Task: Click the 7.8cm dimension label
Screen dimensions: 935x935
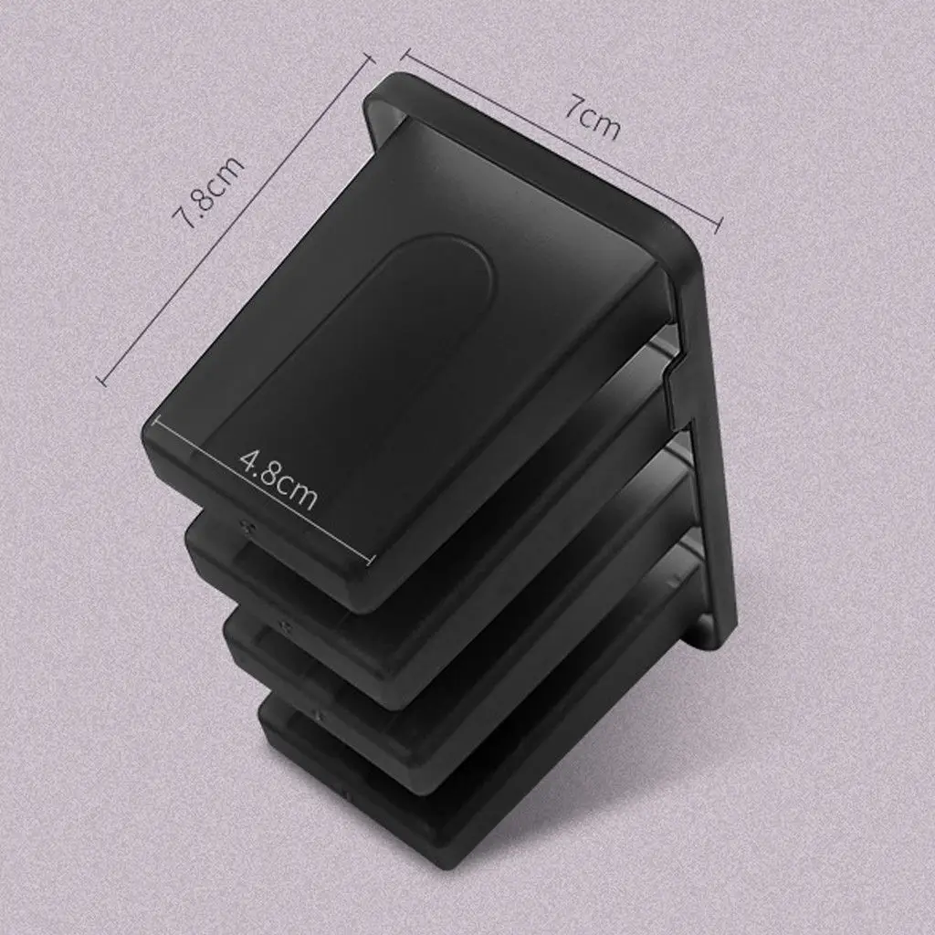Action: [208, 192]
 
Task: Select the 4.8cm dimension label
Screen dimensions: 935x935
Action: [278, 479]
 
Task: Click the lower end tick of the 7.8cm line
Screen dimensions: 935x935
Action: [102, 380]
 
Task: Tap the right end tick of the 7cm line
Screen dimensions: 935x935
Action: [720, 225]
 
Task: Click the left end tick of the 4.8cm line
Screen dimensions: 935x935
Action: [155, 421]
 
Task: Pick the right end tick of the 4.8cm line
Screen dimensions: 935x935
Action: [373, 560]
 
